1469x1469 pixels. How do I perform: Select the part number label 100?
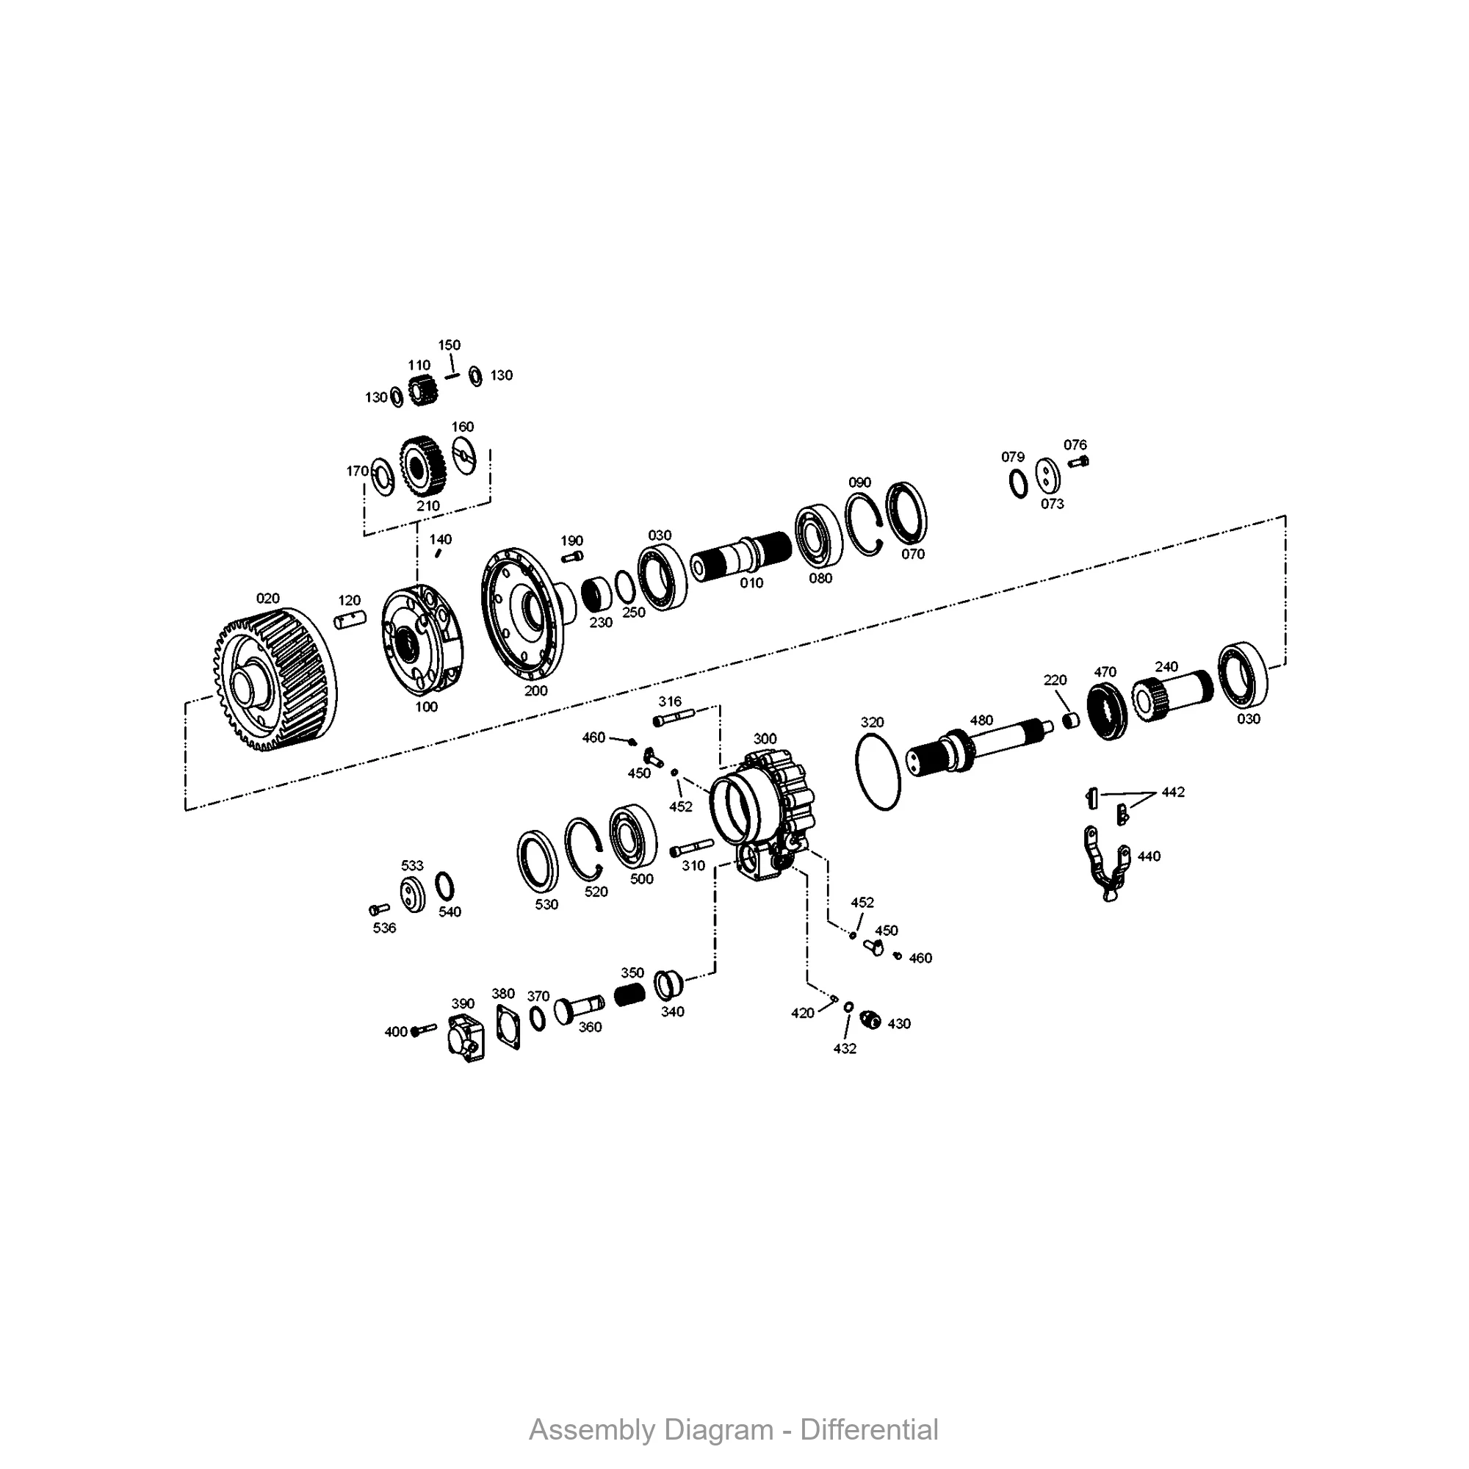coord(426,707)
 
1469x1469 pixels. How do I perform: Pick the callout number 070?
coord(912,555)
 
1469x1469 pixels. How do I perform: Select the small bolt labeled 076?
coord(1078,461)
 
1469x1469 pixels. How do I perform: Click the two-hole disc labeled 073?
coord(1048,476)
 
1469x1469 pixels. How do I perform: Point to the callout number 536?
coord(384,928)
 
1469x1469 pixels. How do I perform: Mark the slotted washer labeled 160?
coord(463,455)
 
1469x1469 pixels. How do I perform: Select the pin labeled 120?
coord(350,619)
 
